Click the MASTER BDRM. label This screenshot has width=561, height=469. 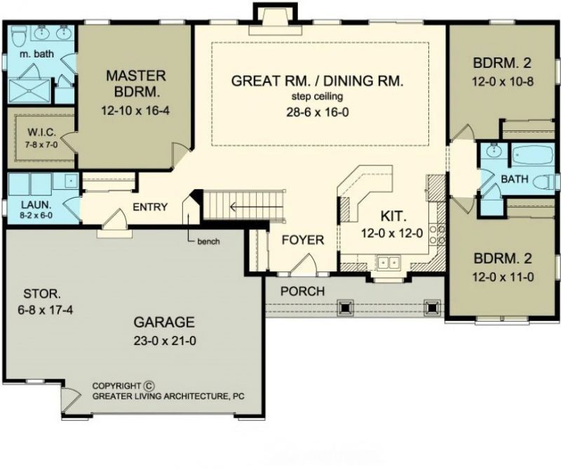click(136, 83)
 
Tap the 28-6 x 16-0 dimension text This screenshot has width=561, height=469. click(318, 112)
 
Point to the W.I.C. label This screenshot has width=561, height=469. click(42, 132)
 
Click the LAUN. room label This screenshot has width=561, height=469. click(36, 205)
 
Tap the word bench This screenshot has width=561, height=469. click(208, 241)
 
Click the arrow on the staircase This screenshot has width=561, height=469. click(257, 207)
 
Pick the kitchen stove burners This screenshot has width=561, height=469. click(437, 233)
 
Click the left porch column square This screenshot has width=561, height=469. click(345, 307)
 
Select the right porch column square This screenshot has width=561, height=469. click(431, 307)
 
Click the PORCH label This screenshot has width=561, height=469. click(302, 291)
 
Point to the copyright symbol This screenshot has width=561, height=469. click(149, 386)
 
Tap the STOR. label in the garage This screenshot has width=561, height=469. click(42, 294)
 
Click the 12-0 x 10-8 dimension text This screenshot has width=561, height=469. click(502, 81)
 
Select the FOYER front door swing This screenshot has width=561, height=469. click(303, 264)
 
